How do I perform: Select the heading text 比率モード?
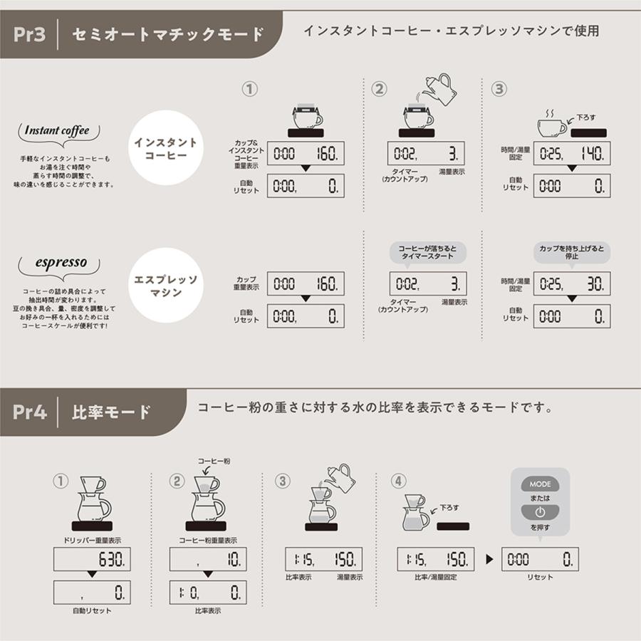coord(112,411)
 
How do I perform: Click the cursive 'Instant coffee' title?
coord(57,131)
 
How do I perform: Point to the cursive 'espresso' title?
coord(61,263)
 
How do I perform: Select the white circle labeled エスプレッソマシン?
coord(166,283)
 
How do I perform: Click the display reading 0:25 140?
coord(571,153)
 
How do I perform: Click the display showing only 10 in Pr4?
coord(208,560)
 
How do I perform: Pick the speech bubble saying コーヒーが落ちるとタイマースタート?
coord(427,252)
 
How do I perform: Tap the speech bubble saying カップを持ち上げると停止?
coord(571,252)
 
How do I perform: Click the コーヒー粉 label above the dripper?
coord(214,462)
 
